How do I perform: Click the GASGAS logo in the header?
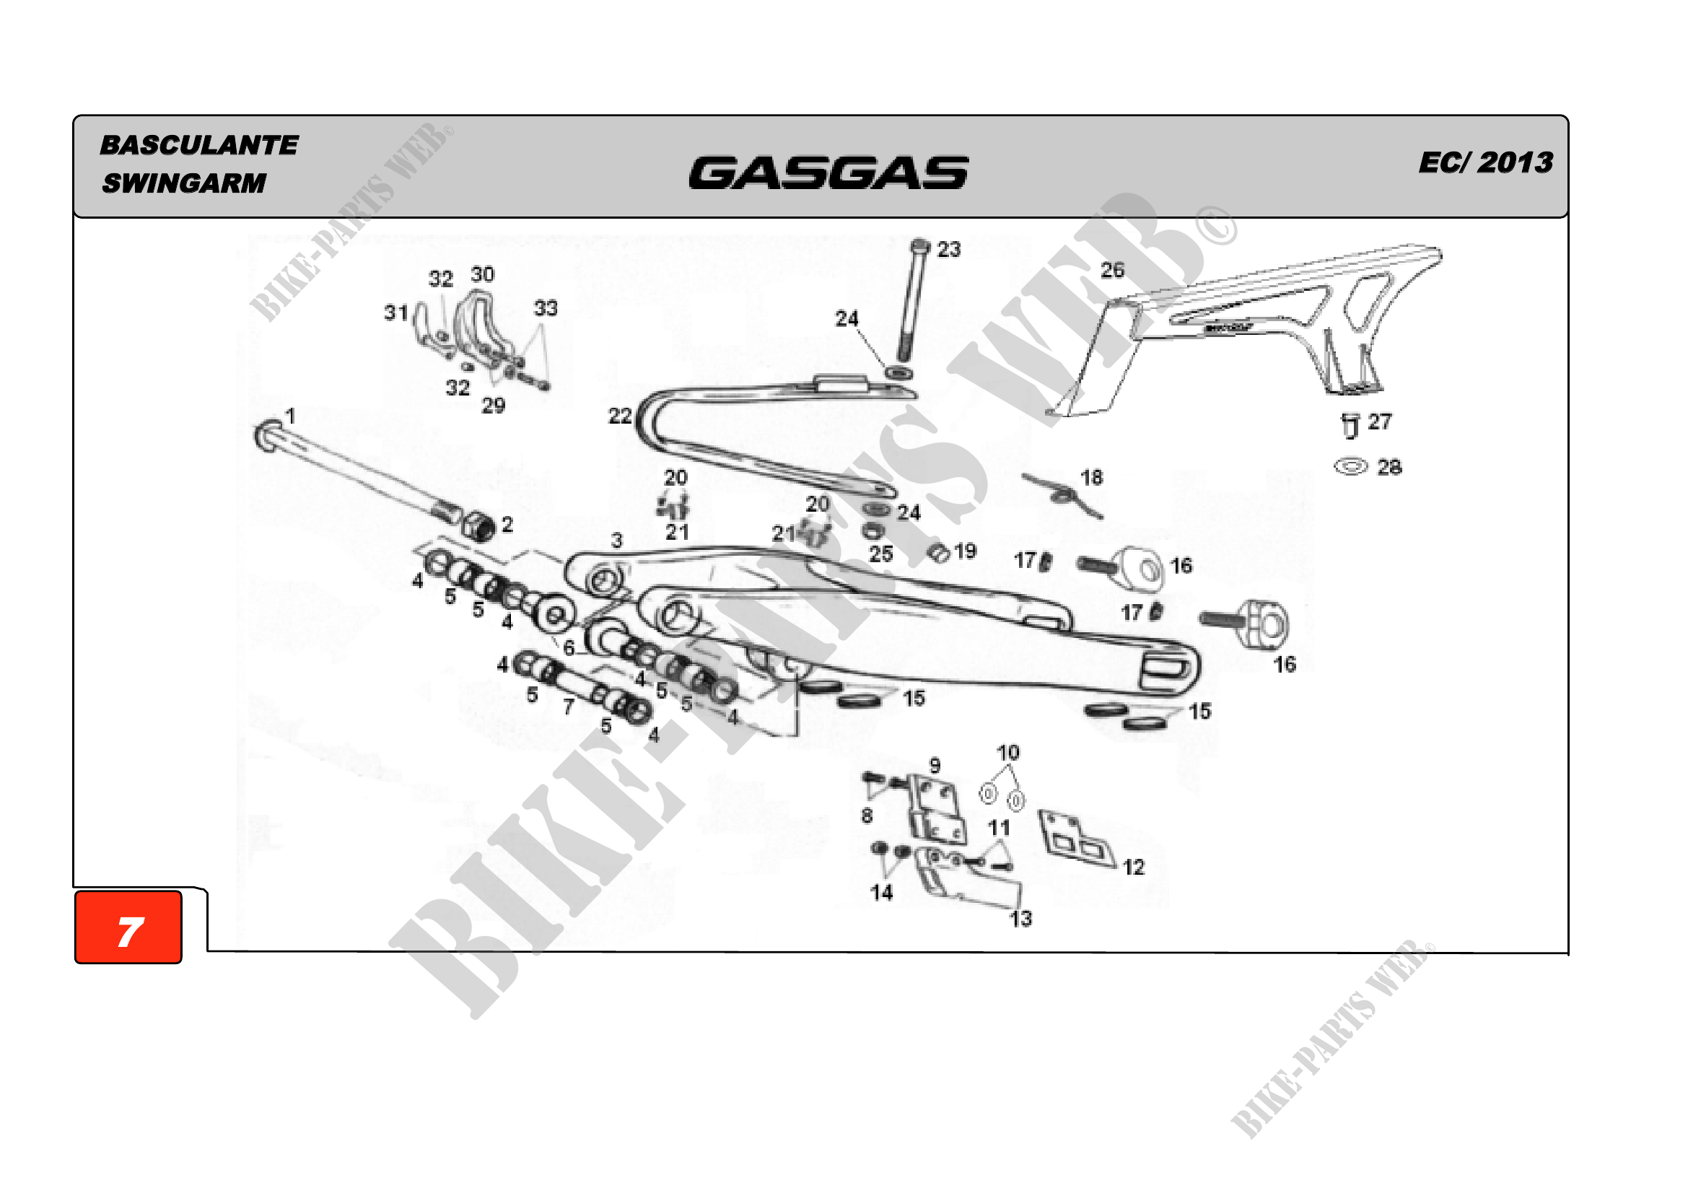tap(828, 172)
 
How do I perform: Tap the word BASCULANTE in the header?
tap(198, 145)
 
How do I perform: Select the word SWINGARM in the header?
tap(184, 183)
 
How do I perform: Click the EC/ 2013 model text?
tap(1485, 162)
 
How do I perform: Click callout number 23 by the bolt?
tap(948, 250)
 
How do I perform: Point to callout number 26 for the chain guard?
tap(1111, 271)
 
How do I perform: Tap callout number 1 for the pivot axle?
tap(290, 416)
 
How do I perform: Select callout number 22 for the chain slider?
tap(620, 416)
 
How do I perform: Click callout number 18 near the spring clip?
tap(1091, 478)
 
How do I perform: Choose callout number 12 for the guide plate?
tap(1133, 868)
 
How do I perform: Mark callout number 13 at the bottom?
tap(1020, 918)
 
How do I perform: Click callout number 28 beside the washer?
tap(1389, 468)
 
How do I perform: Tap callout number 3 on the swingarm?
tap(617, 541)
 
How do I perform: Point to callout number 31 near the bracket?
tap(395, 313)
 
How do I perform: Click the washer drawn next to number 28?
tap(1350, 467)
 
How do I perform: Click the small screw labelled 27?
tap(1350, 426)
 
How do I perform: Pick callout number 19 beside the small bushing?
tap(965, 551)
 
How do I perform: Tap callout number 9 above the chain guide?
tap(935, 765)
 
